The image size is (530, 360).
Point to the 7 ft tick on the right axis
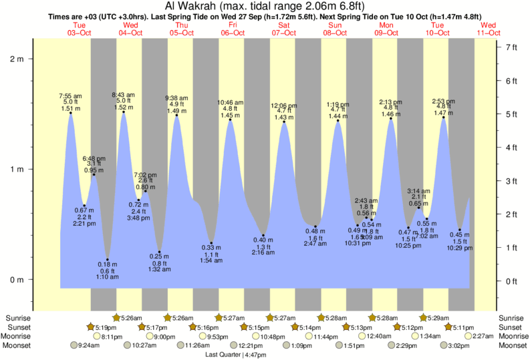513,47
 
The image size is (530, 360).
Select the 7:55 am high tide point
70,113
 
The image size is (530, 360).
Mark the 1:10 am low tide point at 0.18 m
108,259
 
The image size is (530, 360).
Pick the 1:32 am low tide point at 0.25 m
159,252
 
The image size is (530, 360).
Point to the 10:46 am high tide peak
231,120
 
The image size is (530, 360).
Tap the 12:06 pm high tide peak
284,122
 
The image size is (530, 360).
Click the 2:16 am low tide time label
263,253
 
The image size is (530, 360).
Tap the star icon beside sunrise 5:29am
423,317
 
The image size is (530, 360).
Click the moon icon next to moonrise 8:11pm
97,337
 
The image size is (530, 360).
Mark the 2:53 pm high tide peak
443,118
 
